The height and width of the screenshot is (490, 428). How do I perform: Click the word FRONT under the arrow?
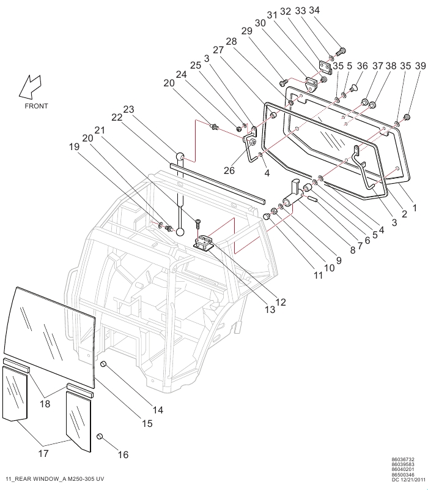[x=36, y=106]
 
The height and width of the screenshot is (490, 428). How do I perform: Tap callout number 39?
[x=420, y=66]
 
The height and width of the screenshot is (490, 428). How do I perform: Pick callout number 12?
[x=280, y=302]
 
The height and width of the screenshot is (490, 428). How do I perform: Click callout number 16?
[x=123, y=455]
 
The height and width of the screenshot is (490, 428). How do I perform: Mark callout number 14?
[x=158, y=410]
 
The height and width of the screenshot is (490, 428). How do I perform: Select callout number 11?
[x=319, y=276]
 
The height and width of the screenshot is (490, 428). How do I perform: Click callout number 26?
[x=229, y=170]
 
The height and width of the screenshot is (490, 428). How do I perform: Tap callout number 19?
[x=74, y=147]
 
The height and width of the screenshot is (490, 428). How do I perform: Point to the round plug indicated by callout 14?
[x=104, y=365]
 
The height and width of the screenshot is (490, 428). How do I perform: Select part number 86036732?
[x=403, y=459]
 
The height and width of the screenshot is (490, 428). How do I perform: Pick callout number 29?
[x=246, y=31]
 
